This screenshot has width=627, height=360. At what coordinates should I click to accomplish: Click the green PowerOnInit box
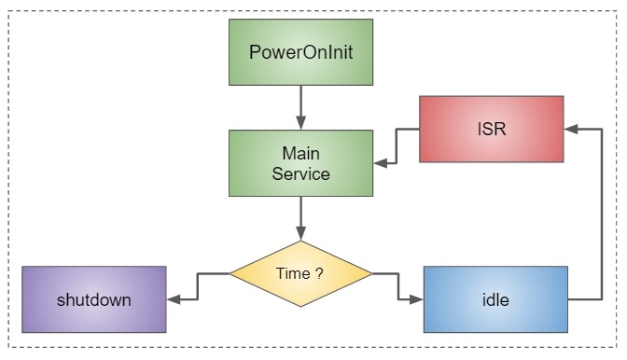(x=300, y=51)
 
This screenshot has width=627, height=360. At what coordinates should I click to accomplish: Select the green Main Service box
(x=300, y=163)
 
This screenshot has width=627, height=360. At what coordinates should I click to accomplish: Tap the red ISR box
(x=492, y=129)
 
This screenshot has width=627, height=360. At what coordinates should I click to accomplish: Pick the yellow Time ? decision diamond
(x=300, y=273)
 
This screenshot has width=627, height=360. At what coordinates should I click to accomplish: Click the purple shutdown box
(x=93, y=299)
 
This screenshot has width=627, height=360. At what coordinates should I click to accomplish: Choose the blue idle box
(x=495, y=299)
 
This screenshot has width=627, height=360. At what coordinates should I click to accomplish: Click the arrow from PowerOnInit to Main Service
(x=300, y=106)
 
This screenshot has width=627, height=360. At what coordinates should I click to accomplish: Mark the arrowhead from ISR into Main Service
(x=380, y=163)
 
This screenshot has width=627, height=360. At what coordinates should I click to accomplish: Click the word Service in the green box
(x=300, y=173)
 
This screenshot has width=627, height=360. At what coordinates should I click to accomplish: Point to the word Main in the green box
(x=300, y=153)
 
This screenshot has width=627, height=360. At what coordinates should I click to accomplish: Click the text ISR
(x=492, y=129)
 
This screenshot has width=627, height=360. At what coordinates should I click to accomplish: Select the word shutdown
(x=93, y=299)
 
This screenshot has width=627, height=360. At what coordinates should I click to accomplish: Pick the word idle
(x=495, y=299)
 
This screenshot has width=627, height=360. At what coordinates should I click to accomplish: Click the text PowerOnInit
(x=300, y=51)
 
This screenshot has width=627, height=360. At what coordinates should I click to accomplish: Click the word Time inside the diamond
(x=293, y=273)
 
